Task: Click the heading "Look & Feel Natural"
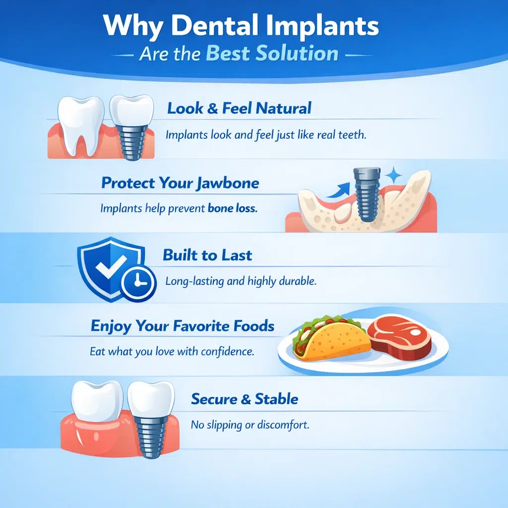tap(239, 108)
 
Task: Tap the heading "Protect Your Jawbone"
tap(180, 183)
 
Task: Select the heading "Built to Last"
tap(207, 255)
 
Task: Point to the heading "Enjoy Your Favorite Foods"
tap(182, 326)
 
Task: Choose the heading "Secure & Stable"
tap(245, 399)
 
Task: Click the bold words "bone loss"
tap(232, 209)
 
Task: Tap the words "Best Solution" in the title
tap(272, 53)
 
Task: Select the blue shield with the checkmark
tap(110, 265)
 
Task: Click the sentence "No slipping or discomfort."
tap(250, 426)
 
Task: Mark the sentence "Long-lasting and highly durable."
tap(241, 281)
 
